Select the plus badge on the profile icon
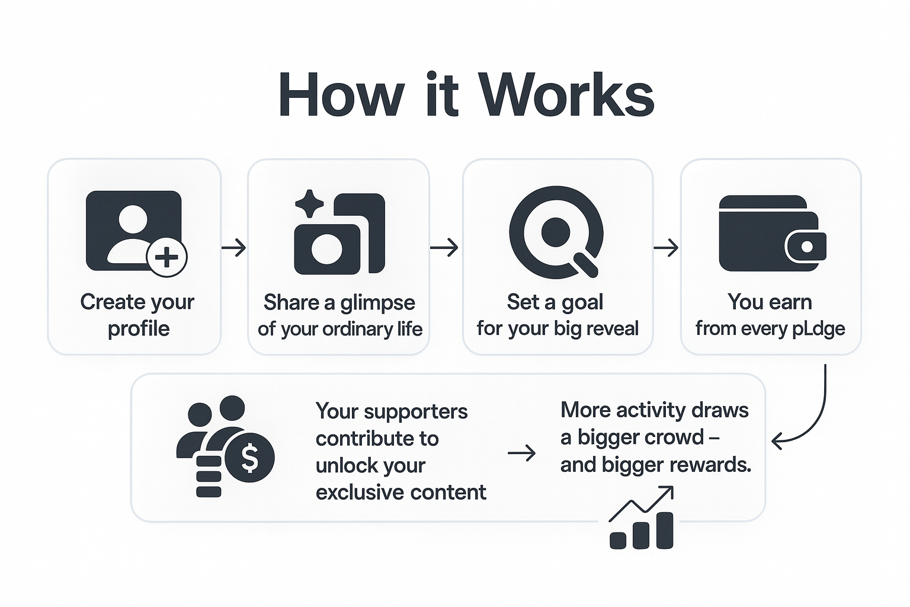point(167,257)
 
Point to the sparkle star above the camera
point(309,205)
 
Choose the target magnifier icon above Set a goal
point(556,232)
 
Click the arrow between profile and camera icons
point(233,247)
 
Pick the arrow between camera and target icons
point(444,247)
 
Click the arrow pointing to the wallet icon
point(666,247)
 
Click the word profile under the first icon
point(139,329)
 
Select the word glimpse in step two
point(377,303)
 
